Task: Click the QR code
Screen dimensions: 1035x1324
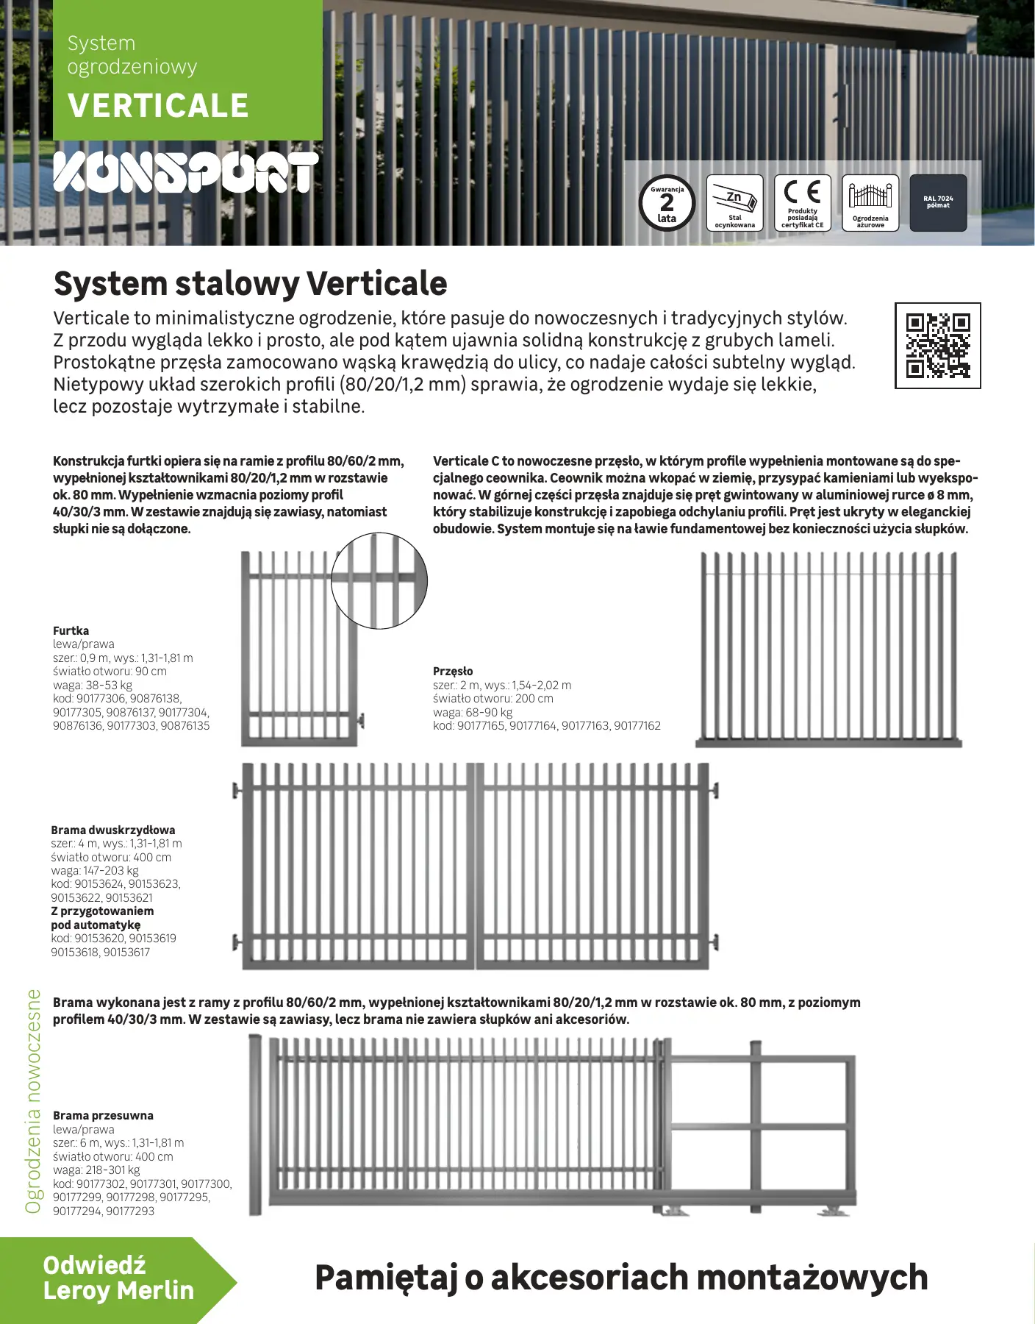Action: click(x=937, y=345)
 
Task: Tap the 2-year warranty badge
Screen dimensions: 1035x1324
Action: click(x=667, y=203)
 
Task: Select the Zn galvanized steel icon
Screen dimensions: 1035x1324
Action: click(x=735, y=203)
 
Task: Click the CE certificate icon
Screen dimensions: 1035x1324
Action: click(x=802, y=203)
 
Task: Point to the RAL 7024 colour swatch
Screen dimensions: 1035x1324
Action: click(x=938, y=203)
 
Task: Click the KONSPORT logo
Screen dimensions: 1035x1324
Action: click(x=186, y=173)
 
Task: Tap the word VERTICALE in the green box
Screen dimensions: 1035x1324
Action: click(x=158, y=106)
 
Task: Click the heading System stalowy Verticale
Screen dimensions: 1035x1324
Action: click(x=250, y=283)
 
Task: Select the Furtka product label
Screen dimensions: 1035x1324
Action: click(x=71, y=630)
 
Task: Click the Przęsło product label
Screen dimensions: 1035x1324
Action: click(x=453, y=671)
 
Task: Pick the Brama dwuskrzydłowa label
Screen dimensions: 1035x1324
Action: click(x=113, y=830)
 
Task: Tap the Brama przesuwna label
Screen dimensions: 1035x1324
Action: click(x=103, y=1115)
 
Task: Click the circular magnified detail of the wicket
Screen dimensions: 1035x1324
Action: click(x=379, y=581)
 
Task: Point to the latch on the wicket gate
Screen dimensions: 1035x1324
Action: click(x=359, y=720)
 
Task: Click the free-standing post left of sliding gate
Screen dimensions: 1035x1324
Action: click(x=255, y=1125)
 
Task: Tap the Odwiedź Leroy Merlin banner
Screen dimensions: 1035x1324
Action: click(x=118, y=1281)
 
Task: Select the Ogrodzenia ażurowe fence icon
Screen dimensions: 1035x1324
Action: click(x=870, y=203)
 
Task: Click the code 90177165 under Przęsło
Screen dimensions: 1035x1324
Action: click(x=481, y=725)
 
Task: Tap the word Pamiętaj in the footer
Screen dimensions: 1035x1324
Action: click(x=387, y=1278)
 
